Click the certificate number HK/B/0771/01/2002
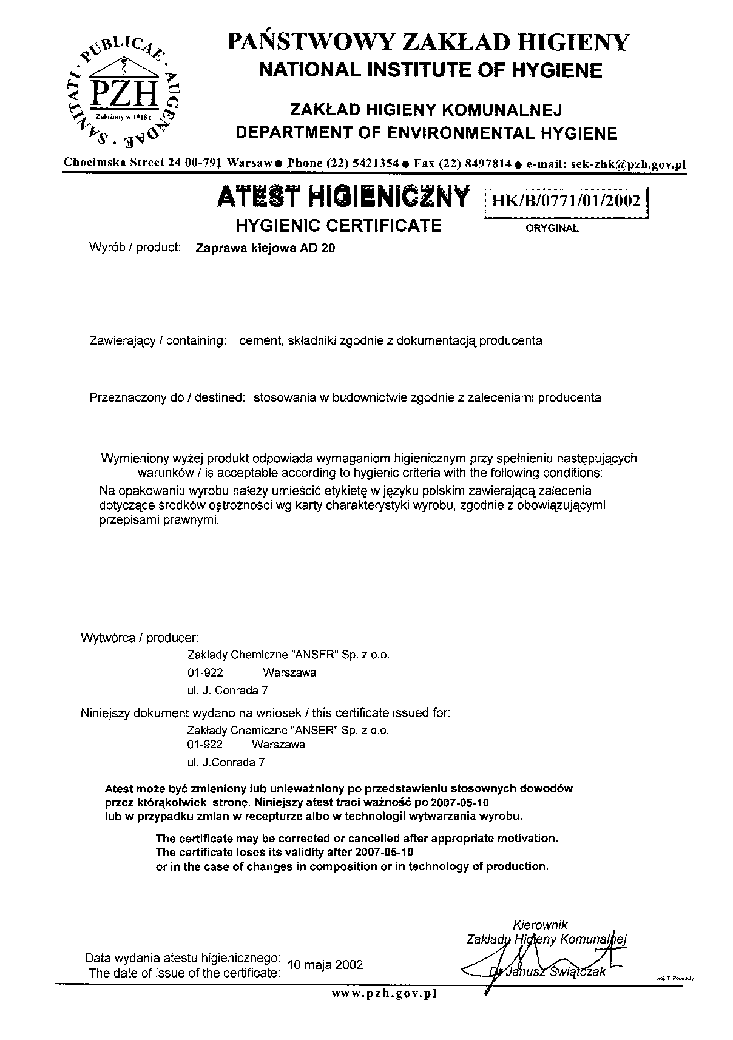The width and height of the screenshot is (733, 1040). [x=567, y=201]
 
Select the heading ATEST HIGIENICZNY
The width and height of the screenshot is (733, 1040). [x=343, y=198]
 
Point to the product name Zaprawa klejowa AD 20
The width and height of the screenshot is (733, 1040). [x=265, y=248]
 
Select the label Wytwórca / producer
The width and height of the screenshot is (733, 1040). [x=140, y=638]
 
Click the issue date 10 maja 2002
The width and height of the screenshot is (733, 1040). [x=325, y=965]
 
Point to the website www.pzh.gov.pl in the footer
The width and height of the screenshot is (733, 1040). [x=383, y=994]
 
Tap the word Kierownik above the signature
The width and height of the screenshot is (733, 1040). [x=540, y=925]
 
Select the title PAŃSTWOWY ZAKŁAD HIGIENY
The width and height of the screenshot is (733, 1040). [x=428, y=42]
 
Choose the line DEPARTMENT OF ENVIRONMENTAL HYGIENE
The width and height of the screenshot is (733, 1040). [x=427, y=133]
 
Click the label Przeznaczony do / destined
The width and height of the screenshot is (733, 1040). [x=167, y=398]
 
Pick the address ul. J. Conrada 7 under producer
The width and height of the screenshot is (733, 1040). [x=228, y=690]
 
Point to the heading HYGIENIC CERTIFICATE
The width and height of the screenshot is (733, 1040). [x=338, y=226]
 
